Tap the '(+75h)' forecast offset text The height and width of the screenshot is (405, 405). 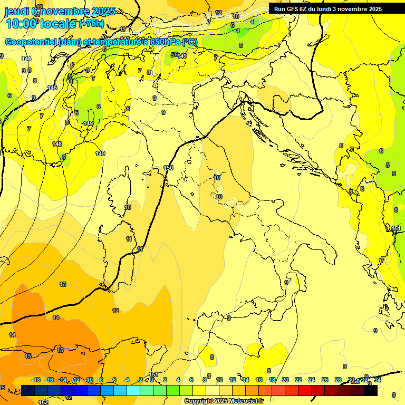pyautogui.click(x=91, y=23)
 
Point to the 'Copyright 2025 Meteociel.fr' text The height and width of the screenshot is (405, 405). pyautogui.click(x=224, y=401)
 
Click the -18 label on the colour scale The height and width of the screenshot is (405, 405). pyautogui.click(x=36, y=380)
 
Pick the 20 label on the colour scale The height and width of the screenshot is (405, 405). pyautogui.click(x=285, y=380)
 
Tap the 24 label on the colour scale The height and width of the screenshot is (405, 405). pyautogui.click(x=312, y=380)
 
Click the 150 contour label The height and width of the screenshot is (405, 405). pyautogui.click(x=168, y=168)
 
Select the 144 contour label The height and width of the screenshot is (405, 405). pyautogui.click(x=26, y=59)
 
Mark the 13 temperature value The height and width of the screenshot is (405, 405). pyautogui.click(x=63, y=284)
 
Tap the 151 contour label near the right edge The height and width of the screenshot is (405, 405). pyautogui.click(x=396, y=228)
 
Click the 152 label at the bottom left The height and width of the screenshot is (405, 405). pyautogui.click(x=44, y=402)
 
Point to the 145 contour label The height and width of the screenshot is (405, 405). pyautogui.click(x=52, y=88)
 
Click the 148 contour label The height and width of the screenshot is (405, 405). pyautogui.click(x=57, y=144)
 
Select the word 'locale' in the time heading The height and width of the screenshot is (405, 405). pyautogui.click(x=58, y=23)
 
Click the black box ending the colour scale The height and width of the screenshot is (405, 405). pyautogui.click(x=371, y=390)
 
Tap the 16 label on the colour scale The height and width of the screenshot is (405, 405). pyautogui.click(x=259, y=380)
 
